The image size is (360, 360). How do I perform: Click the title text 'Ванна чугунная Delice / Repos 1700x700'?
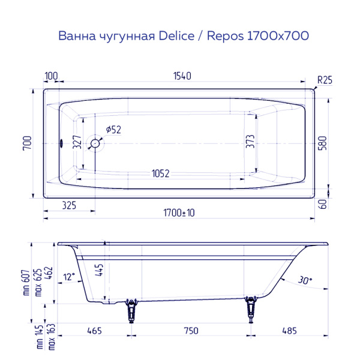(184, 36)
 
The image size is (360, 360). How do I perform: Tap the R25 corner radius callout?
(324, 80)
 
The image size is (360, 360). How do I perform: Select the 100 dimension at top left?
(51, 76)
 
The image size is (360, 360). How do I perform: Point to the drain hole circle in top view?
(95, 143)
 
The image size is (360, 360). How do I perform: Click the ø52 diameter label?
(113, 130)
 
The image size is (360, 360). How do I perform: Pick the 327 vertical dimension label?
(77, 143)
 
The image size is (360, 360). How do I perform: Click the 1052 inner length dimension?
(160, 174)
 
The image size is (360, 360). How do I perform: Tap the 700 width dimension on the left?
(26, 143)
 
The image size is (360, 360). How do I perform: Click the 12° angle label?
(69, 277)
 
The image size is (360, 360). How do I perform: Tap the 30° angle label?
(305, 280)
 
